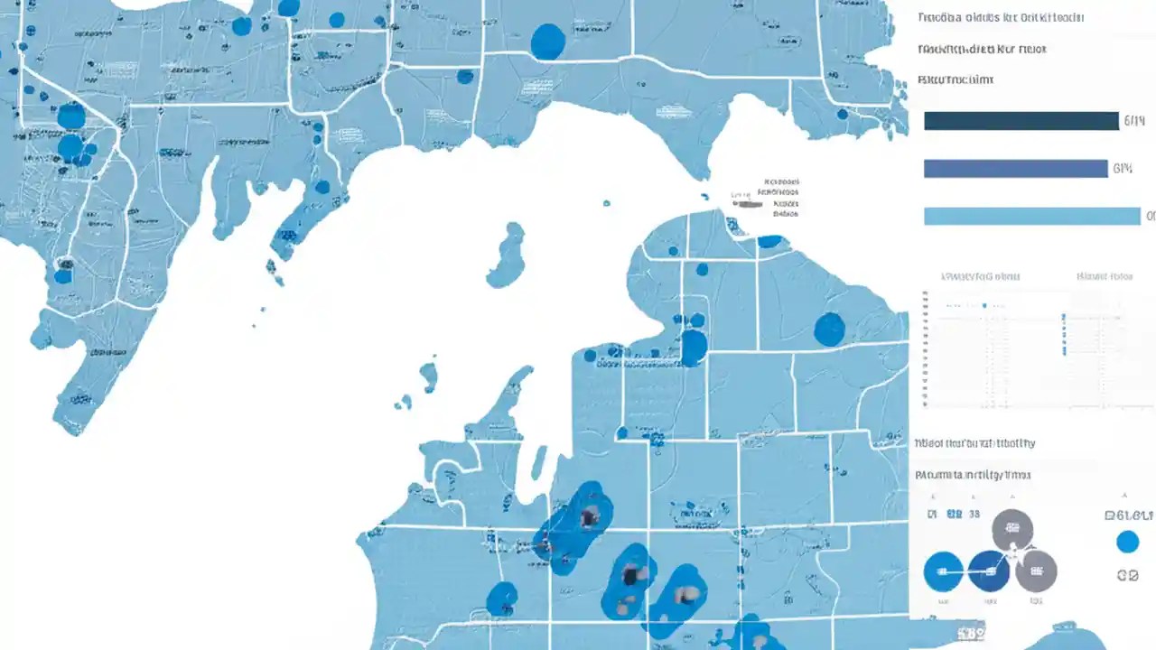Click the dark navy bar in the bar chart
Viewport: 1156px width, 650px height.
click(x=1021, y=121)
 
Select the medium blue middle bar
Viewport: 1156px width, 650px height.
click(x=1015, y=169)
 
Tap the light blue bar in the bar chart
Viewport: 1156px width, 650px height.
click(x=1031, y=216)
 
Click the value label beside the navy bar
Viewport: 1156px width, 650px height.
click(x=1133, y=121)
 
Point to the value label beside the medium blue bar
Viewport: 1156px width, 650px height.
click(x=1123, y=169)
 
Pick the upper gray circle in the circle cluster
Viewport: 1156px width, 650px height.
click(x=1012, y=530)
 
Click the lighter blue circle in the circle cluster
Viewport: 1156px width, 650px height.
click(x=944, y=571)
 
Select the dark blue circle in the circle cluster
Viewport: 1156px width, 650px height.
click(x=988, y=571)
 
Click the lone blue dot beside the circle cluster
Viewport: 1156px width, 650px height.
click(x=1127, y=542)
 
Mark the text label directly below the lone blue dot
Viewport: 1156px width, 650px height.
click(x=1127, y=574)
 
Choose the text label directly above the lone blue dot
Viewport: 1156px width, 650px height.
click(x=1128, y=515)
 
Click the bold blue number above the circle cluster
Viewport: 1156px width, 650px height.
click(x=954, y=515)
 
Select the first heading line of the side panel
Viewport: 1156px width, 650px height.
click(x=1000, y=18)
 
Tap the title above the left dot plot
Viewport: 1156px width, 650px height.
click(x=981, y=276)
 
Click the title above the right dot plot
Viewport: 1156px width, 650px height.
click(x=1105, y=276)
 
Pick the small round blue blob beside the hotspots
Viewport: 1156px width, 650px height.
click(x=502, y=598)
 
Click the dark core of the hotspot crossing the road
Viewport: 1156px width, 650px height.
click(x=590, y=517)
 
